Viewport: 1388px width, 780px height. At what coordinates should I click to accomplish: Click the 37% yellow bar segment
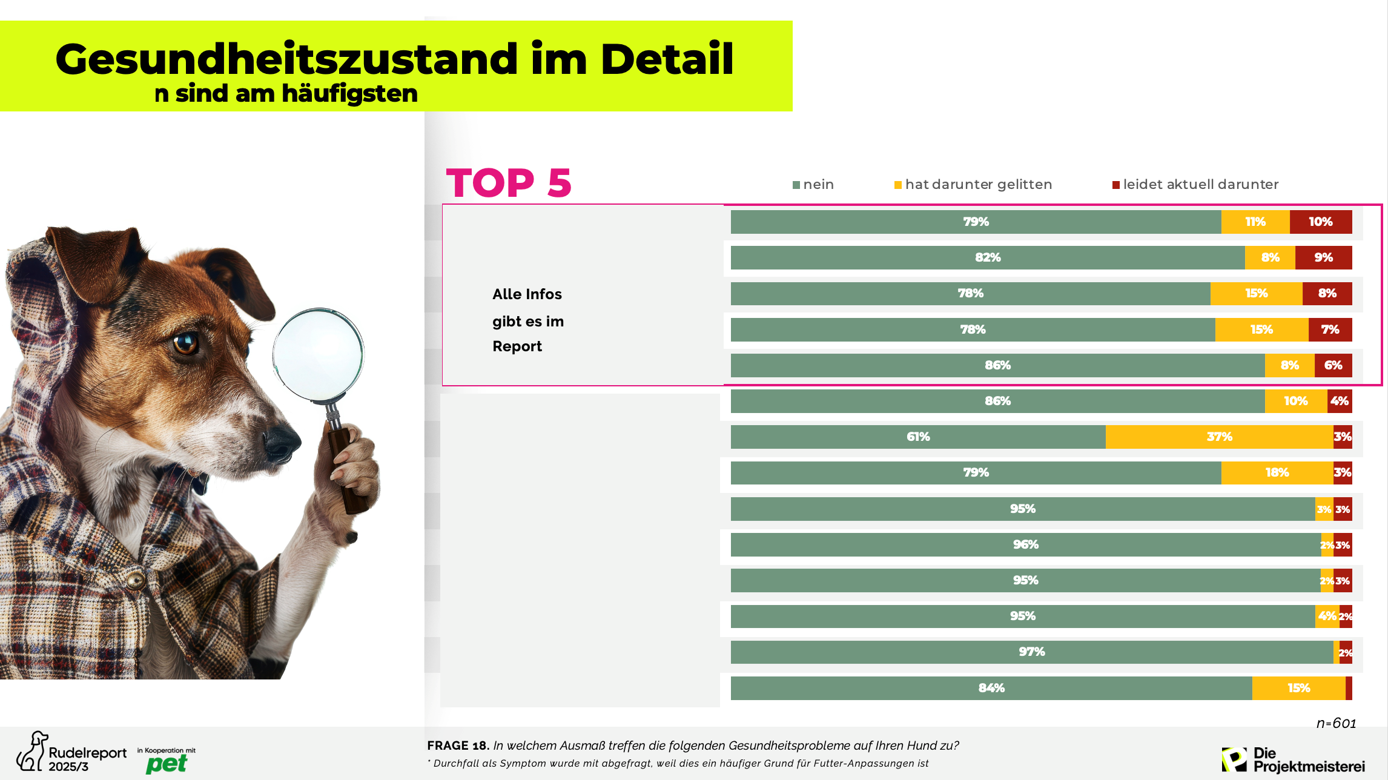(1219, 437)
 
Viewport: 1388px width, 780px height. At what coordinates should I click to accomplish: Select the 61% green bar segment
(918, 437)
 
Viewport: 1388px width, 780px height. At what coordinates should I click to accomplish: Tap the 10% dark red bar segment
(1320, 222)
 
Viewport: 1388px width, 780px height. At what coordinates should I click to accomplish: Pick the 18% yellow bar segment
(1277, 472)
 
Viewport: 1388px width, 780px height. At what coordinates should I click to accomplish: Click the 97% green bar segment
(1031, 652)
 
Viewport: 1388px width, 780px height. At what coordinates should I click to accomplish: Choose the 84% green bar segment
(991, 688)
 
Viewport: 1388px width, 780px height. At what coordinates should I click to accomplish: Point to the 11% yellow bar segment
(1255, 222)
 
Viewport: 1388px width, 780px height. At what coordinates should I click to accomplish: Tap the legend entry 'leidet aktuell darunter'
(1195, 184)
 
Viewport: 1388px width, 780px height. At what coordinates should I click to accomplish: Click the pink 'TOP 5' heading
(509, 182)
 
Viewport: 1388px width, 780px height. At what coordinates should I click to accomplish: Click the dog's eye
(185, 343)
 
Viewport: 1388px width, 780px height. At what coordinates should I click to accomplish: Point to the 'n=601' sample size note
(1336, 723)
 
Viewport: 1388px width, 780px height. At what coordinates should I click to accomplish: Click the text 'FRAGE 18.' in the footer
(458, 745)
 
